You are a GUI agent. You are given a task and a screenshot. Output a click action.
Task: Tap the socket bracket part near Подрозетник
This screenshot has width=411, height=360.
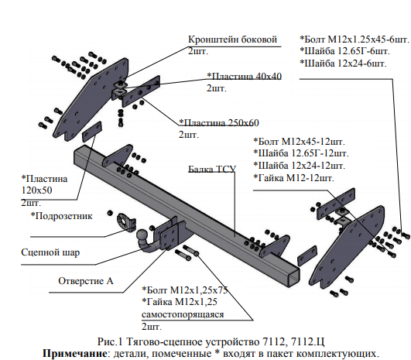click(126, 222)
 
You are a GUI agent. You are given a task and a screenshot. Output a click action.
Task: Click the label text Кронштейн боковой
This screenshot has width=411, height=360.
click(232, 39)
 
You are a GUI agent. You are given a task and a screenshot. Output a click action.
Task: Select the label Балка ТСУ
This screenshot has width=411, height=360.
click(212, 169)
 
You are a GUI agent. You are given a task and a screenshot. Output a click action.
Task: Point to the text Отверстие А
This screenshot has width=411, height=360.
click(86, 281)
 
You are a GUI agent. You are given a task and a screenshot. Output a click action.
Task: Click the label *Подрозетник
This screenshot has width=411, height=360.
click(62, 216)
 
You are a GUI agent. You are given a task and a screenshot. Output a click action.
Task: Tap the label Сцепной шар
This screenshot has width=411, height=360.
click(50, 252)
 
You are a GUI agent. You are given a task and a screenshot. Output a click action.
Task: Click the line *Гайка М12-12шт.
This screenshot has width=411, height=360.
click(293, 178)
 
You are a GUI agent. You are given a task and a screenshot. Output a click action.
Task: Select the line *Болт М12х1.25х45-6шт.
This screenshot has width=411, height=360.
click(354, 39)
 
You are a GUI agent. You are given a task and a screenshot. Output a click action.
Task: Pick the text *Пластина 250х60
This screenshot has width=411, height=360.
click(219, 122)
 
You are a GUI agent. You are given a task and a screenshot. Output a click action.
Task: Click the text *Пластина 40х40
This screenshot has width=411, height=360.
click(244, 77)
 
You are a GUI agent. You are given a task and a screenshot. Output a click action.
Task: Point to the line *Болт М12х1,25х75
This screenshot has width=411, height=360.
click(184, 290)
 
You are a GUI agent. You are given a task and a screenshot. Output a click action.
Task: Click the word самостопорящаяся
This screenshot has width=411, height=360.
click(183, 314)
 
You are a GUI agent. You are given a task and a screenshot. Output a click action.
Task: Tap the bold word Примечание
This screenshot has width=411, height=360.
click(75, 353)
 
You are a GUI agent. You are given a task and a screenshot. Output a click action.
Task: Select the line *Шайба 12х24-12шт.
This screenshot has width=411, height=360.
click(299, 166)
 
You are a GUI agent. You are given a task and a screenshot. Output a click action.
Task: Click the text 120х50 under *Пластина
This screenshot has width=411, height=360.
click(36, 190)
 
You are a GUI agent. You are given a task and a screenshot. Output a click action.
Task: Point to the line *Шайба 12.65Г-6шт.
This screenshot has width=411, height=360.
click(344, 51)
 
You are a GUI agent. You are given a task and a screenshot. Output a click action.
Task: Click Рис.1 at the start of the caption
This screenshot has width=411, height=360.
click(110, 341)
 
